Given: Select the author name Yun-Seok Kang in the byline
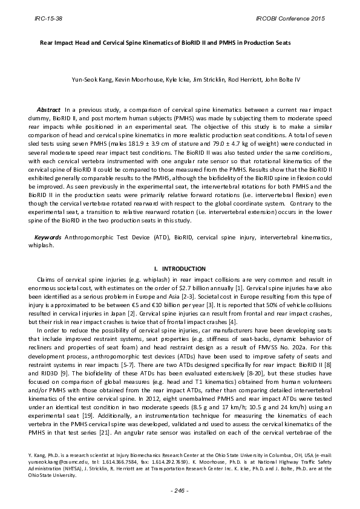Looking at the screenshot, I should click(88, 80).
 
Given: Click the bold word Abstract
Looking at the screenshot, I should click(49, 109).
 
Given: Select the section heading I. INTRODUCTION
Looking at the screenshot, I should click(180, 268).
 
